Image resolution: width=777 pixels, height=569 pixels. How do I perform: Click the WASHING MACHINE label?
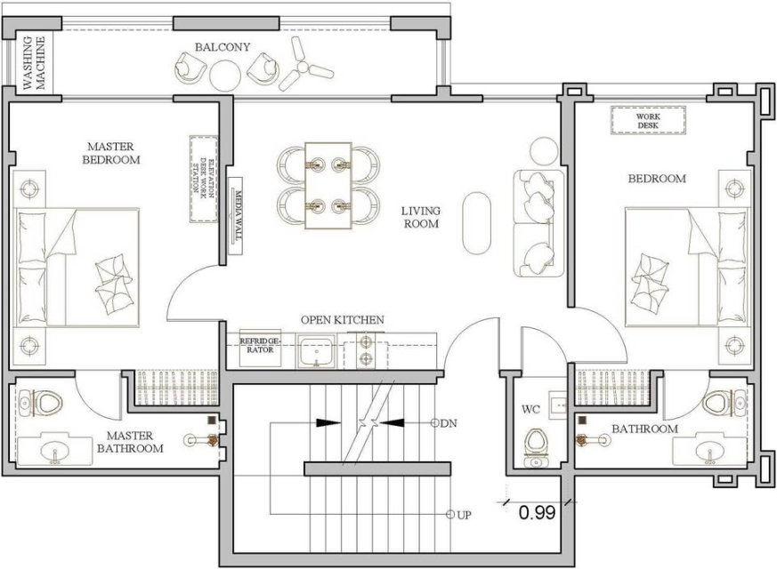pos(35,63)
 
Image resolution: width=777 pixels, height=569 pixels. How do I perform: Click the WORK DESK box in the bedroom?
pos(648,120)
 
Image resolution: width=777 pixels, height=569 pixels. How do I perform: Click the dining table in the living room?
pos(328,186)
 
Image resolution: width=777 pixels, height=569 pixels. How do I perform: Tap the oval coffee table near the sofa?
pos(477,223)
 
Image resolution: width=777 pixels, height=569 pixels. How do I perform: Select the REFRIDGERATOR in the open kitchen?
pos(260,349)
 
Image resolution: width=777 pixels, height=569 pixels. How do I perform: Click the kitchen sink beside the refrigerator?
pos(316,351)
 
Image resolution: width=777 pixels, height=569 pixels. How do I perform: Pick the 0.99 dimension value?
pos(538,513)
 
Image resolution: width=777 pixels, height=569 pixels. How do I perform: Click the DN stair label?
pos(449,423)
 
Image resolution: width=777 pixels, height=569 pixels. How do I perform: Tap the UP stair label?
pos(464,515)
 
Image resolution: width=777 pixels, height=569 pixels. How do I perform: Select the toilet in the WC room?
pos(535,446)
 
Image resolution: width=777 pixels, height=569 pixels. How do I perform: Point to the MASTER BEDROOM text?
pos(110,153)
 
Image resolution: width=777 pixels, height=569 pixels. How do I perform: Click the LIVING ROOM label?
pos(421,217)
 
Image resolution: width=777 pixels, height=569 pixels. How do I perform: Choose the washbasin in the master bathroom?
pos(54,448)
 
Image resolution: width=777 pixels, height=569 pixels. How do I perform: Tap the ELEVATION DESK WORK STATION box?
pos(204,180)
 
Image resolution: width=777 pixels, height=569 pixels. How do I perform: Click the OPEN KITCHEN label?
pos(343,320)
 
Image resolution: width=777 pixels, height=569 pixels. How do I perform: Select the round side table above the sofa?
pos(544,151)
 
